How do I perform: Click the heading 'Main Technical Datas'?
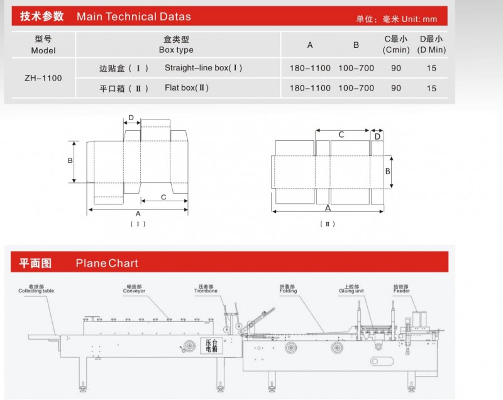click(134, 16)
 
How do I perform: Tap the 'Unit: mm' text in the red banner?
click(419, 19)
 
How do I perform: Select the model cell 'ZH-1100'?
click(43, 78)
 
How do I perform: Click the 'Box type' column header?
click(176, 50)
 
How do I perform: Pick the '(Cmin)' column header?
click(396, 50)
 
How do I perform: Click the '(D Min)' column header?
click(431, 50)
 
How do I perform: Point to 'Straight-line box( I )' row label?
click(203, 68)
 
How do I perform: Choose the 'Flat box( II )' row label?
click(187, 87)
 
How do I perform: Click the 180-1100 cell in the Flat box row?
click(310, 88)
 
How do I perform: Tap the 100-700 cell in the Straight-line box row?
click(356, 68)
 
